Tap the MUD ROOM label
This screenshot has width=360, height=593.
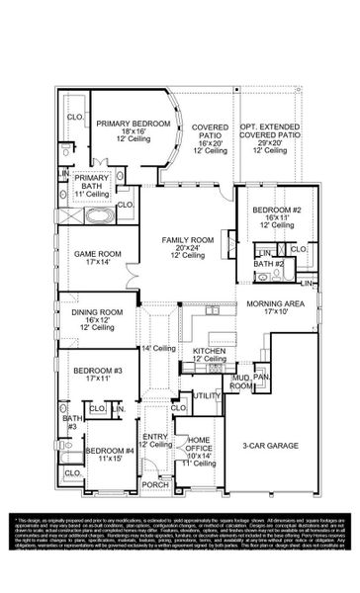(x=241, y=381)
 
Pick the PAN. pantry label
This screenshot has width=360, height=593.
(x=262, y=377)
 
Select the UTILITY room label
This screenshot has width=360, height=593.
(x=207, y=395)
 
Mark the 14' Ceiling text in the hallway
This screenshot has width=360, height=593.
(x=160, y=347)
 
